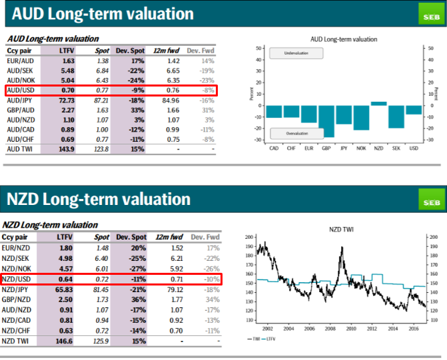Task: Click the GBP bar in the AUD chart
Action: coord(326,120)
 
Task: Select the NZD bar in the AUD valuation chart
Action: coord(378,103)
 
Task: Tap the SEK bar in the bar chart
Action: coord(396,116)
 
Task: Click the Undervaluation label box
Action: coord(295,53)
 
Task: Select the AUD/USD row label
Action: coord(22,89)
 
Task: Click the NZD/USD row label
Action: coord(22,279)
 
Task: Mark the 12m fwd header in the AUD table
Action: coord(166,51)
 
